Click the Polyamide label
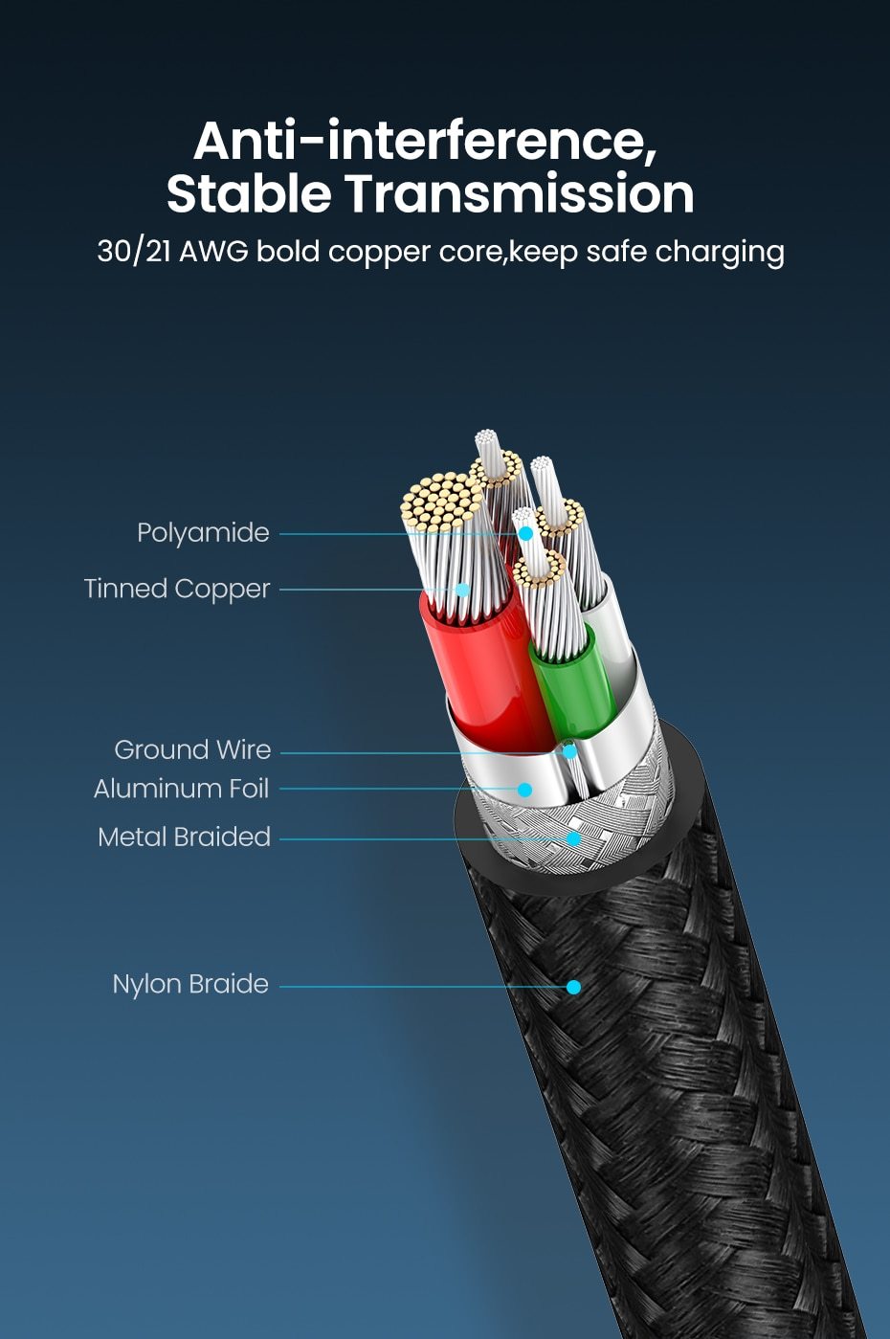coord(203,533)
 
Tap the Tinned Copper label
coord(177,589)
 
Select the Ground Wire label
coord(192,749)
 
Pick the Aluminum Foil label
coord(182,789)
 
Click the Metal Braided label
coord(184,837)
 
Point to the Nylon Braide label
coord(190,984)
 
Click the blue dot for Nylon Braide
coord(573,987)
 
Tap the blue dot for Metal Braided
coord(573,838)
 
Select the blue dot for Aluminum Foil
coord(524,790)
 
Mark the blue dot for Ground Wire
coord(569,752)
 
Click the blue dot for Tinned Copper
coord(462,590)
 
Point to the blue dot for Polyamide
coord(525,533)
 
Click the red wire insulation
coord(478,670)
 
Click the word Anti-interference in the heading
coord(425,141)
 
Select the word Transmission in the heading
coord(520,194)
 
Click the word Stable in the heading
coord(249,194)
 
